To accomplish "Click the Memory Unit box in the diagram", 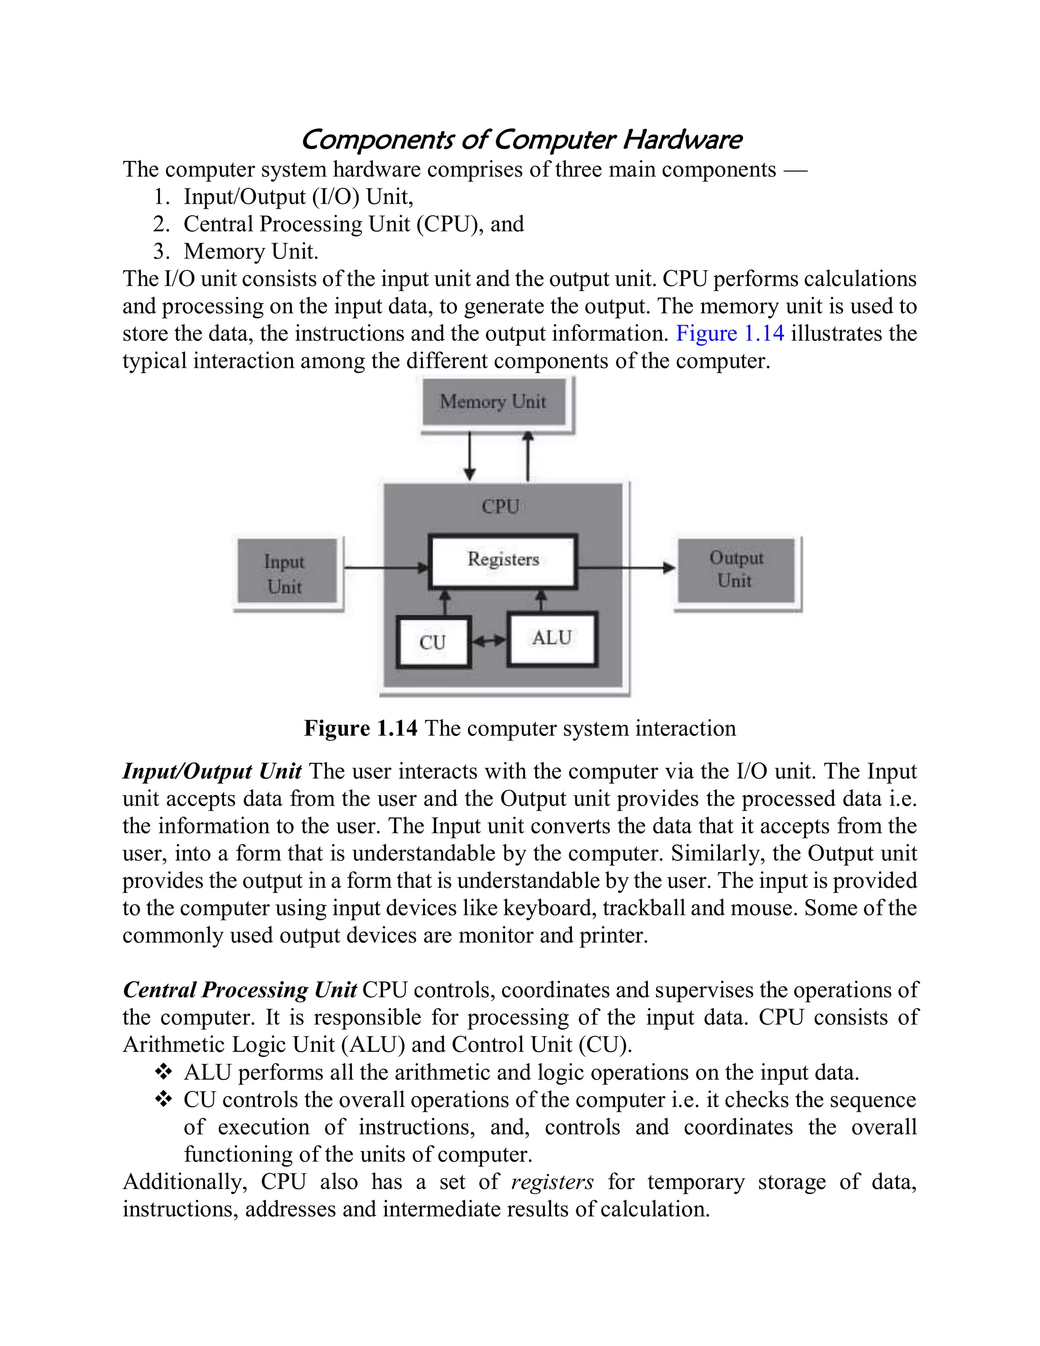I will click(x=494, y=402).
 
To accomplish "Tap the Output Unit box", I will click(x=736, y=570).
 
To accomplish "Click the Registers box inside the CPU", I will click(x=503, y=560).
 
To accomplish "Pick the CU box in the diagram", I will click(x=433, y=642).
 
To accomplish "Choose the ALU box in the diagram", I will click(x=552, y=638).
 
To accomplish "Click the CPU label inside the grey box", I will click(x=500, y=506).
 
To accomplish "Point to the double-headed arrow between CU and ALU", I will click(x=489, y=642).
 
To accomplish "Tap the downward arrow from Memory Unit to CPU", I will click(x=470, y=456).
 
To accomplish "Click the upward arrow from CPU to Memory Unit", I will click(x=528, y=456).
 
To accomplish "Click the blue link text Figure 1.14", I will click(x=730, y=333).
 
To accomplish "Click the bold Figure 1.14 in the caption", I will click(x=361, y=728).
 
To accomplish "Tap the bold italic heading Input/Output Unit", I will click(x=211, y=772).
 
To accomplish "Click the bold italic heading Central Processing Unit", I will click(x=240, y=990).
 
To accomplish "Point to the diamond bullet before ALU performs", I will click(x=164, y=1072).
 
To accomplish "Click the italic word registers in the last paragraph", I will click(x=552, y=1181).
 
